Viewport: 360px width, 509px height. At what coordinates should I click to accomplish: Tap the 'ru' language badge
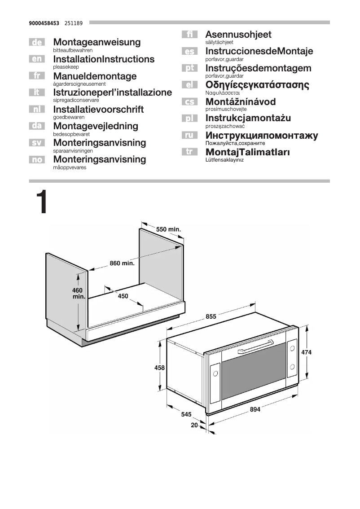coord(190,135)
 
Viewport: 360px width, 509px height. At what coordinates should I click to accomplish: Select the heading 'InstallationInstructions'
coord(104,59)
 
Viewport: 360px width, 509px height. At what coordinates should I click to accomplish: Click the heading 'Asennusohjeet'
coord(238,35)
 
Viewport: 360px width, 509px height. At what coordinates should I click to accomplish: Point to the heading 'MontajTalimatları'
coord(247,152)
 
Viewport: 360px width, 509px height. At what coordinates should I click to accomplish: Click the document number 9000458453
coord(44,22)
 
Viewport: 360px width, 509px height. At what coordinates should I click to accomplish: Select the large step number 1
coord(40,203)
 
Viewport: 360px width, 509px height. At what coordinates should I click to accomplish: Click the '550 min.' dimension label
coord(168,229)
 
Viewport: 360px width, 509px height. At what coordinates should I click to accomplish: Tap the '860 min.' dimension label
coord(122,263)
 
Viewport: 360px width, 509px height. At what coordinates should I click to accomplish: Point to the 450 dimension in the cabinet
coord(123,296)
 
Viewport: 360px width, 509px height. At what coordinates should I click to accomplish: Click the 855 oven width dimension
coord(211,316)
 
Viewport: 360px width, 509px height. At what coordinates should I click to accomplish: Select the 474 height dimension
coord(306,352)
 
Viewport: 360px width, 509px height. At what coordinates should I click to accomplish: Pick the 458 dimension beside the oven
coord(159,368)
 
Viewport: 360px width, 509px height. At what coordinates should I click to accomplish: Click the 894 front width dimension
coord(255,409)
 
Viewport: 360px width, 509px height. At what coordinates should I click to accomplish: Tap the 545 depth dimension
coord(186,414)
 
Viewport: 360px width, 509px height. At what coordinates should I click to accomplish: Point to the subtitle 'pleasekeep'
coord(66,66)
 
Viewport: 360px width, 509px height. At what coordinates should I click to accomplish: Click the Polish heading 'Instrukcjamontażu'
coord(248,118)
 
